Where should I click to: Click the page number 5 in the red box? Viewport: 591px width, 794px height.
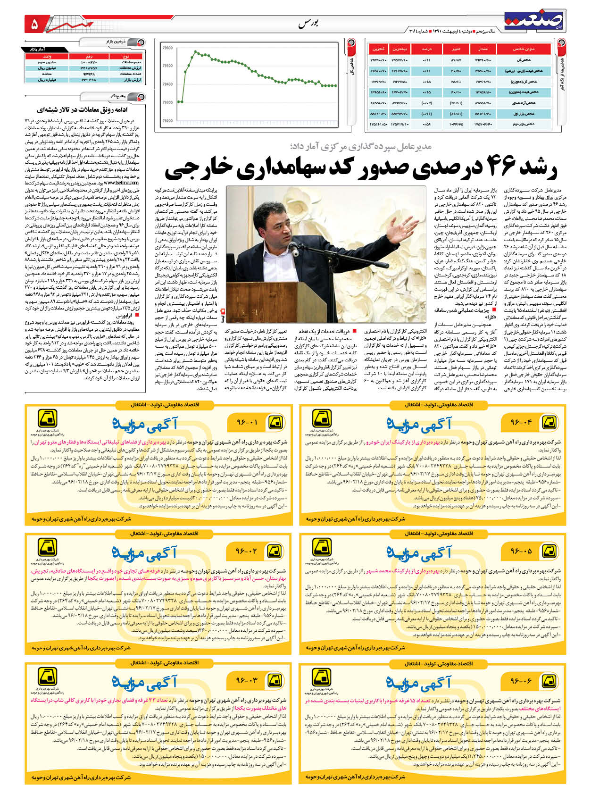(x=34, y=25)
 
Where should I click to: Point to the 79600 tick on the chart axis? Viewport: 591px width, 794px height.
(x=167, y=48)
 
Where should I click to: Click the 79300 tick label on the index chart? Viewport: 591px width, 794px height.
(x=167, y=102)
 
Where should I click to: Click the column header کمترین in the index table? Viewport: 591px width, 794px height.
(x=378, y=49)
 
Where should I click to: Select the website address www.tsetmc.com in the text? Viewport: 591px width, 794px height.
(x=121, y=182)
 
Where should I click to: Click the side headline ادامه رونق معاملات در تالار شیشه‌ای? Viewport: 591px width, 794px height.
(x=88, y=110)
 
